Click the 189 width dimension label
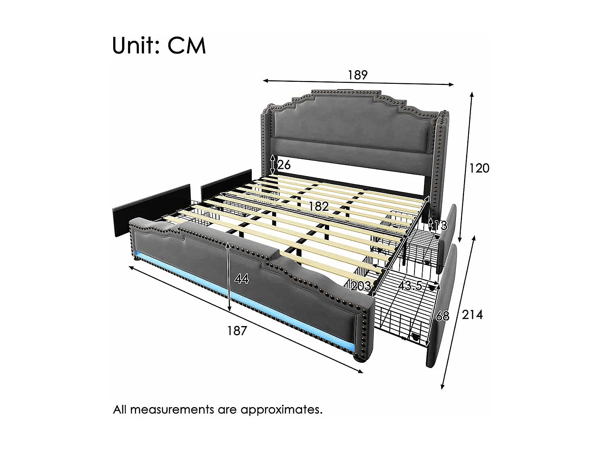[x=358, y=75]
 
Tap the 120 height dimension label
[x=479, y=168]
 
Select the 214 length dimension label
[x=472, y=314]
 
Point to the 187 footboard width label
[x=237, y=330]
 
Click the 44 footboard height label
[x=241, y=278]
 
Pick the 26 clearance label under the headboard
[x=284, y=165]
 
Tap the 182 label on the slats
[x=319, y=206]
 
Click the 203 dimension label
[x=361, y=286]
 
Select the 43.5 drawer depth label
[x=410, y=286]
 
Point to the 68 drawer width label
[x=442, y=316]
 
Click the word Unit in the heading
[x=135, y=45]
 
